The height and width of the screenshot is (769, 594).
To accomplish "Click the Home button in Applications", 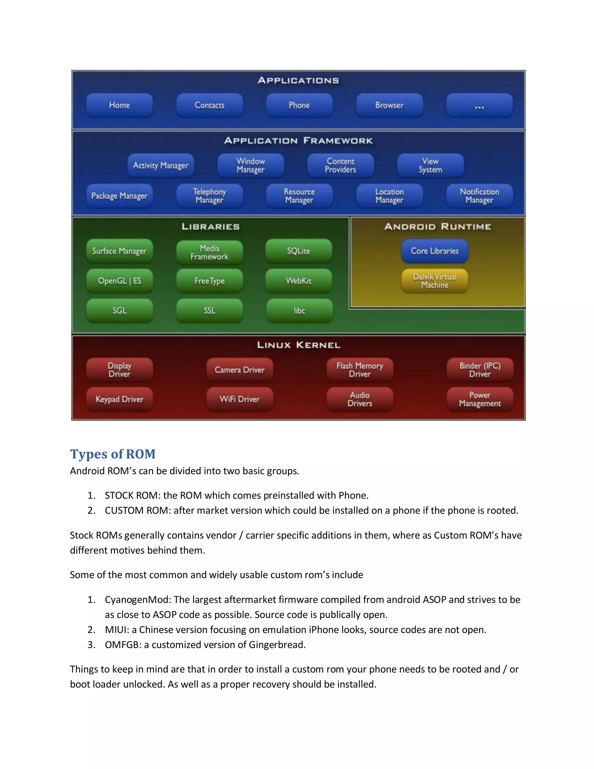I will [119, 105].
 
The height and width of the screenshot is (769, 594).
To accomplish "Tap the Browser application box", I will [389, 105].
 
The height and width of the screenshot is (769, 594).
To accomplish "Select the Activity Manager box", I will [160, 165].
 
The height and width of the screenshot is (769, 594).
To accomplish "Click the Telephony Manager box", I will [209, 196].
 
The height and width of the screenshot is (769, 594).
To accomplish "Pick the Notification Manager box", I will [479, 196].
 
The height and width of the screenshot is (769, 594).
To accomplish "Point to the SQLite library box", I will [298, 251].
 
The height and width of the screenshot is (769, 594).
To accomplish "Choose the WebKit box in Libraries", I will [298, 281].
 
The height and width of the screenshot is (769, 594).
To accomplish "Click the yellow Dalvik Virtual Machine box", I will [434, 281].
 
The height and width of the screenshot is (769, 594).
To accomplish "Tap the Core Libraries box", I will [434, 251].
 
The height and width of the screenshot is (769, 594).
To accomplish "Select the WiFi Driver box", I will [240, 399].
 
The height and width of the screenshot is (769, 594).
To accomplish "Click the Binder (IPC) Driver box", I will [480, 370].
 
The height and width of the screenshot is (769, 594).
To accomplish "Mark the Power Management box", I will [480, 399].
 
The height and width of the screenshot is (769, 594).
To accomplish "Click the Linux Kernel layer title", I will [298, 345].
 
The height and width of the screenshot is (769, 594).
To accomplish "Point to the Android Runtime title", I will [437, 226].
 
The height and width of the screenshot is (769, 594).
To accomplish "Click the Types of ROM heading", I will [113, 454].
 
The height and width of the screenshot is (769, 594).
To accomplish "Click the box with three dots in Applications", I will [479, 105].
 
